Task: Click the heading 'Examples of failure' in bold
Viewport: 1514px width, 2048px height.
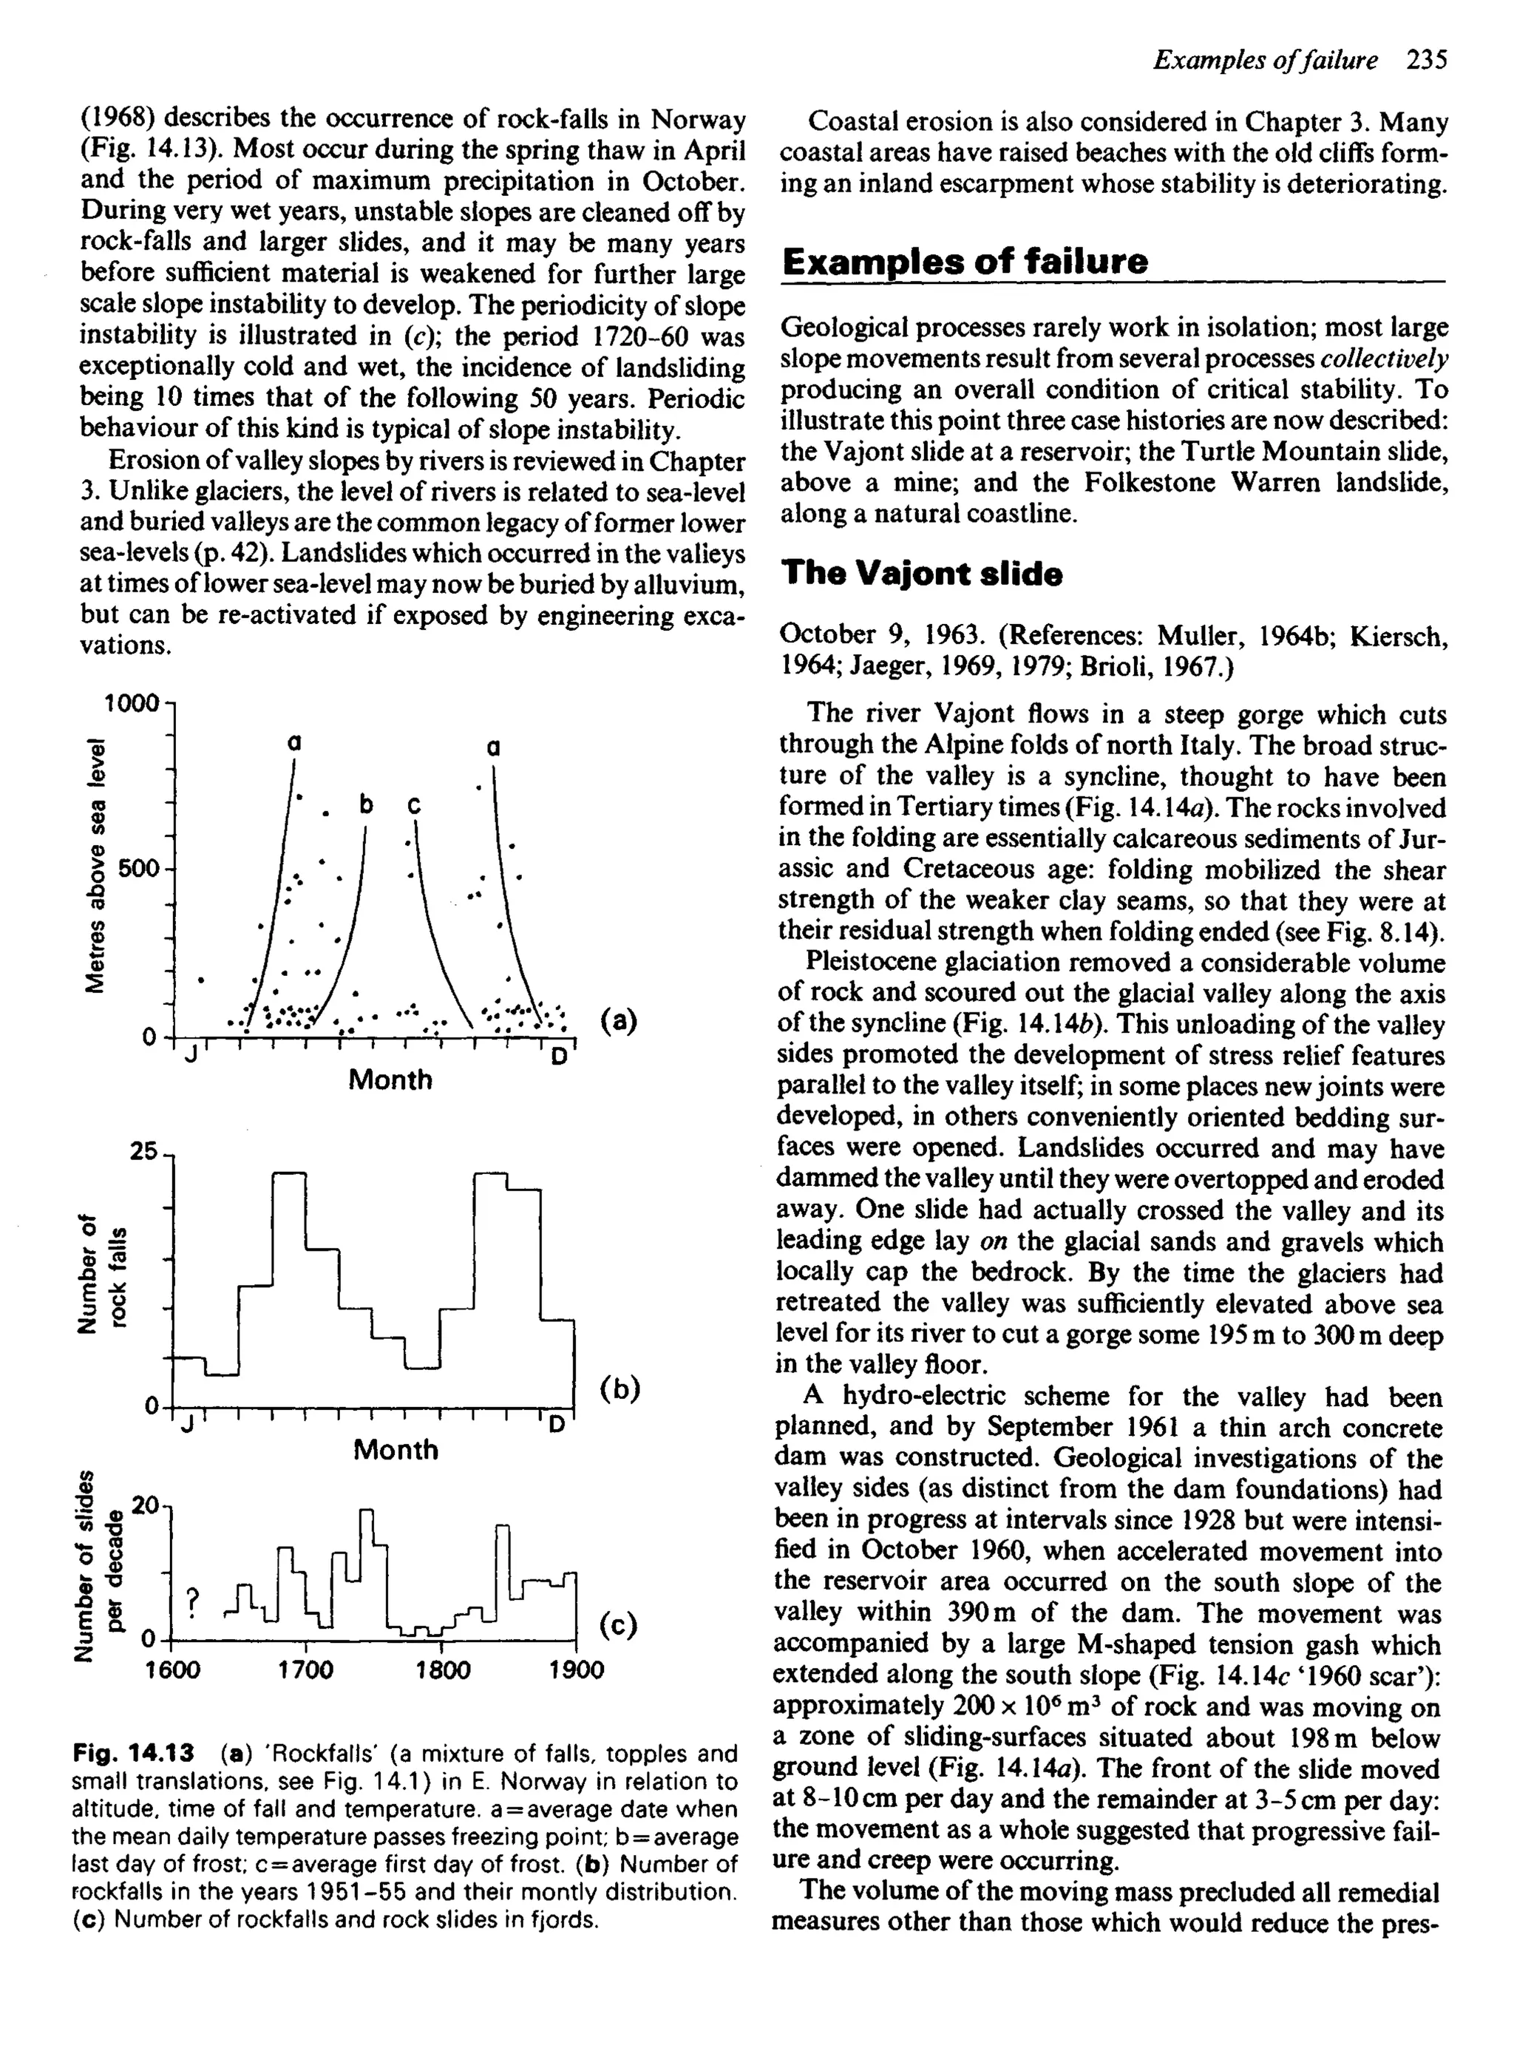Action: [964, 262]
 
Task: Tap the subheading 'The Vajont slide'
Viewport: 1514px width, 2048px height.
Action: [921, 574]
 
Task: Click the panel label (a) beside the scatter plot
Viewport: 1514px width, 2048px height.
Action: [619, 1021]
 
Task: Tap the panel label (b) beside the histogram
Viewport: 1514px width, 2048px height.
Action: [620, 1389]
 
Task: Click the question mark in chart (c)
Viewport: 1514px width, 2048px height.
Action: [191, 1600]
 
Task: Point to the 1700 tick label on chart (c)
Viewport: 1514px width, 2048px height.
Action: [305, 1670]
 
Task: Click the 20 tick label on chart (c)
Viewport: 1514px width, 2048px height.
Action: [146, 1505]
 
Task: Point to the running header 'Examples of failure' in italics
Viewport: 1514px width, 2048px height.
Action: [1266, 61]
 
